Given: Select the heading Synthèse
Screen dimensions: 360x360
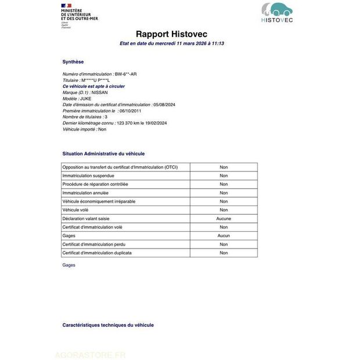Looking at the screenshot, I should tap(73, 62).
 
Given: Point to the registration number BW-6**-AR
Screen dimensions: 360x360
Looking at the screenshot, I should tap(126, 74).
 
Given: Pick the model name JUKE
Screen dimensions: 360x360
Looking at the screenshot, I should tap(87, 98).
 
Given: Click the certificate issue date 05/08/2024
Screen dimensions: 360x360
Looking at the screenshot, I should tap(164, 105).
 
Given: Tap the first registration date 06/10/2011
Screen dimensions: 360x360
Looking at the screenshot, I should tap(129, 111).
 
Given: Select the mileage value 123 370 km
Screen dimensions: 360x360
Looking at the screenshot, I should tap(130, 123).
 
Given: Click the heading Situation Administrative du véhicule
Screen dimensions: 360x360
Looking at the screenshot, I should tap(103, 154).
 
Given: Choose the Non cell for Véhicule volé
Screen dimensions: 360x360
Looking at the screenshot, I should tap(224, 210).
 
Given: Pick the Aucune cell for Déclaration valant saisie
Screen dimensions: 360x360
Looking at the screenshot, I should tap(224, 218).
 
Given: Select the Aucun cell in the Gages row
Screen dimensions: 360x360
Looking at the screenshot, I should tap(224, 236).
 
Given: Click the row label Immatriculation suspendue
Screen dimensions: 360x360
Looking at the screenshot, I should tap(88, 175).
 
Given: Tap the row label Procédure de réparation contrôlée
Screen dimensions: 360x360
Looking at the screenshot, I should tap(95, 184).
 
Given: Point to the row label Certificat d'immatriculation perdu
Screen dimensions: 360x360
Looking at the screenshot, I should tap(98, 244).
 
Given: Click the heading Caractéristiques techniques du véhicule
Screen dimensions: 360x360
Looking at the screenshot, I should tap(108, 325).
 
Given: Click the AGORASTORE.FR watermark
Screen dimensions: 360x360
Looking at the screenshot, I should tap(90, 355).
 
